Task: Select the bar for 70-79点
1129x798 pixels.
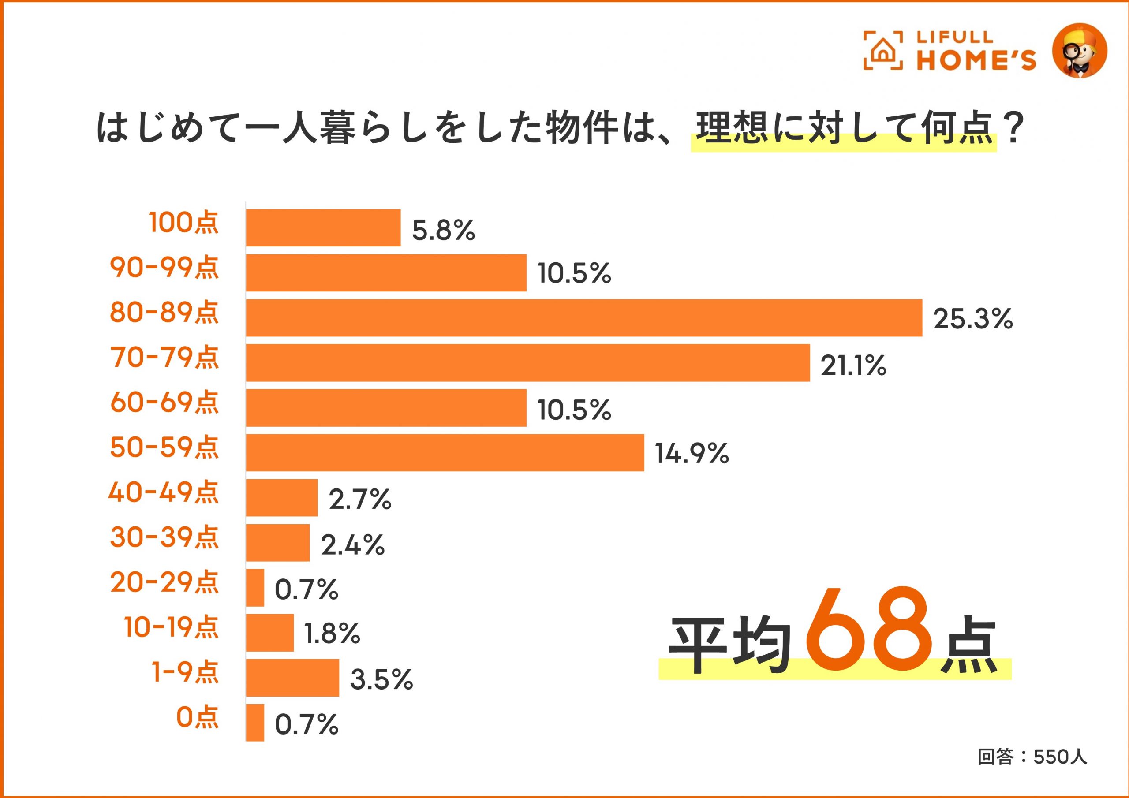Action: [527, 363]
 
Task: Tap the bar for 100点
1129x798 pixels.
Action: [323, 227]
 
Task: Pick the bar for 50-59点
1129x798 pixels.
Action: [445, 453]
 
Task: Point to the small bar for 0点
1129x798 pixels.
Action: [255, 723]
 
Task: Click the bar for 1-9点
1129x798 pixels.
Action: [292, 678]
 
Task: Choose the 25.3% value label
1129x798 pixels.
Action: [972, 319]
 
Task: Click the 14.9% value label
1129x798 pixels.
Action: [692, 453]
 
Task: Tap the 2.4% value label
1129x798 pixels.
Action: [352, 545]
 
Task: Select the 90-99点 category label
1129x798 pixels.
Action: [164, 268]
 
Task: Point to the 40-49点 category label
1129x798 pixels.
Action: [163, 492]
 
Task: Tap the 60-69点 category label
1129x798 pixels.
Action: [164, 403]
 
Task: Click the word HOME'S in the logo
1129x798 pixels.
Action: [976, 60]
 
